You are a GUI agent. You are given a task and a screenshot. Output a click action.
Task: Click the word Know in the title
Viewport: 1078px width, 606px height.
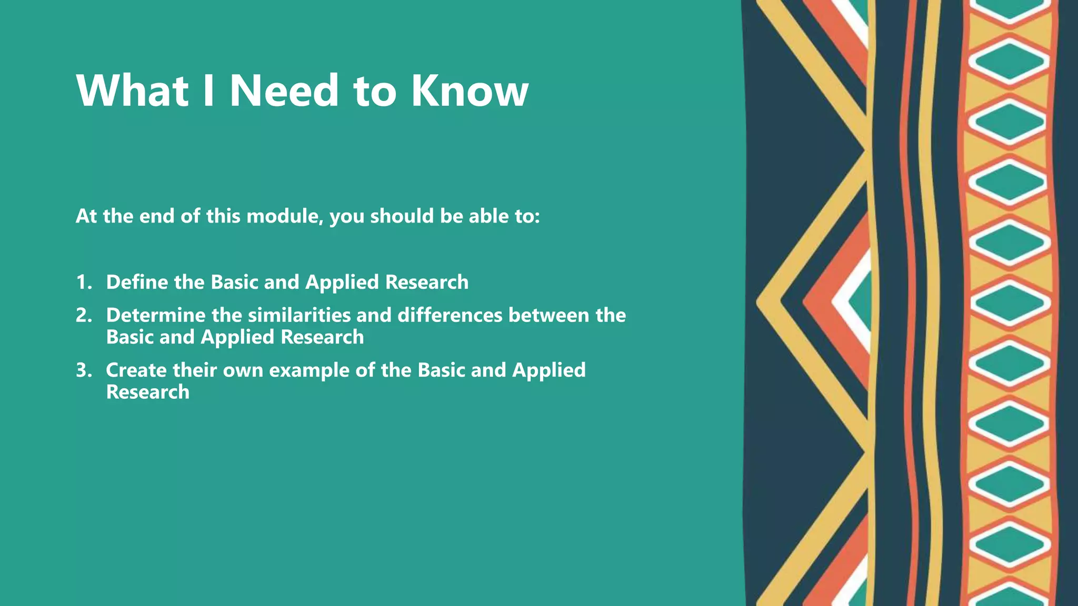(469, 90)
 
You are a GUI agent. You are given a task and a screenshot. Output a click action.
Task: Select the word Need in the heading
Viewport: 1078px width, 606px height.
(284, 90)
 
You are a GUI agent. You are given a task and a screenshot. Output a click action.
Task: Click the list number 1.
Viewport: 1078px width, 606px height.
(83, 282)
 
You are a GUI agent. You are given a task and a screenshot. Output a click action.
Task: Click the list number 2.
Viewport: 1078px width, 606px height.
(83, 315)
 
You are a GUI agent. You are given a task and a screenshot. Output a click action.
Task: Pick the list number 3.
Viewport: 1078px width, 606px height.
(83, 370)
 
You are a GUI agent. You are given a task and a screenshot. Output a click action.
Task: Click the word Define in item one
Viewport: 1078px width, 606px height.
(137, 282)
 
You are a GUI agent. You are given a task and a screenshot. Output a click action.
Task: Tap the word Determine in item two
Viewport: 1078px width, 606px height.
(155, 315)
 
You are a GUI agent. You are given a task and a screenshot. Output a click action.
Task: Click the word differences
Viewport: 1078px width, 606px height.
(450, 315)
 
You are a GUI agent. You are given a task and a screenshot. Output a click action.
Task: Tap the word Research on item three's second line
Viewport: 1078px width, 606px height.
(147, 392)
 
